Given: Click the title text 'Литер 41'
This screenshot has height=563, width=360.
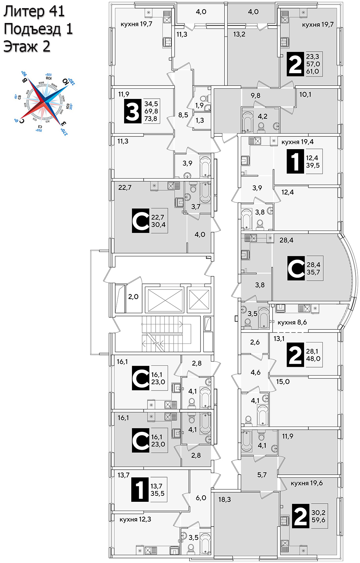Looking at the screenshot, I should point(34,11).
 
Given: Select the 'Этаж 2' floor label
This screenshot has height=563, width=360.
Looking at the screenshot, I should point(27,47).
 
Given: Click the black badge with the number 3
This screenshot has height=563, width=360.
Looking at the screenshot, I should point(133,111).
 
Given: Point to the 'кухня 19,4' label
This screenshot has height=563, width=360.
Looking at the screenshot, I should point(297,142).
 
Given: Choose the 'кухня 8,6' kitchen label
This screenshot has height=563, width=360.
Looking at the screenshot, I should point(292,322).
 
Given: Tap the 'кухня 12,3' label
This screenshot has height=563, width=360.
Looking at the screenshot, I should point(135,519).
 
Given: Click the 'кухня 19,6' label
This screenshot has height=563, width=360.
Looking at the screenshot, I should point(307,483).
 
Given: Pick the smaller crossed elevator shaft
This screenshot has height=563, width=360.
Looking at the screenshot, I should point(199,300).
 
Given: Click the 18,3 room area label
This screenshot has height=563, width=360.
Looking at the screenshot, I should point(225,499).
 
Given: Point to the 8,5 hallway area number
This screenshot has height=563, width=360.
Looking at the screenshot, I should point(183,115).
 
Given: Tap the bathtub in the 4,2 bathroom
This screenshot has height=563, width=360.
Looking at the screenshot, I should point(248,121).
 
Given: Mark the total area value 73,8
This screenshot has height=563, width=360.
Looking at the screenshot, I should point(151,119).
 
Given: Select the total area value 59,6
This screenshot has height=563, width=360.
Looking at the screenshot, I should point(318,520).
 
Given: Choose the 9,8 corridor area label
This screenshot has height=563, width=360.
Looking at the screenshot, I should point(255,95).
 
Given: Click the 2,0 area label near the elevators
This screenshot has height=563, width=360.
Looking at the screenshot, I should point(133,297).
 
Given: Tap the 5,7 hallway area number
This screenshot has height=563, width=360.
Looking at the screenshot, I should point(262,475).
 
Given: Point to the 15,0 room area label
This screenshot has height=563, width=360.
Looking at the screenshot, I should point(283,381).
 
